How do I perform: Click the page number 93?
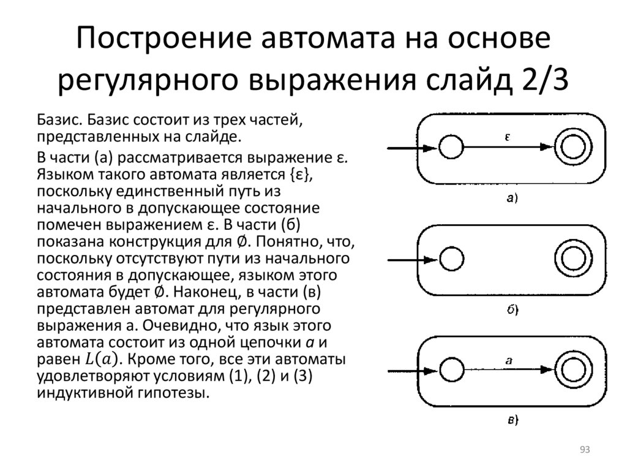point(584,450)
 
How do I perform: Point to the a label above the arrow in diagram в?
point(508,361)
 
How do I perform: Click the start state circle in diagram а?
point(452,148)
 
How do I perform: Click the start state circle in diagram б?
point(452,259)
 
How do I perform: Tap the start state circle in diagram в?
point(452,371)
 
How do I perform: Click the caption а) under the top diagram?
point(511,197)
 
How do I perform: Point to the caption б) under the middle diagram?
point(511,309)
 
